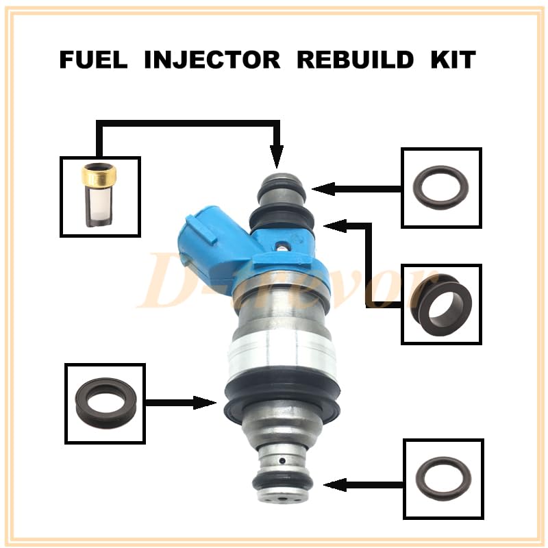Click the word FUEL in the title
[x=95, y=60]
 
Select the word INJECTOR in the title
[x=212, y=60]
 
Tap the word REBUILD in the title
[x=354, y=60]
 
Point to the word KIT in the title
[x=452, y=60]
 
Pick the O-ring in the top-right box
[x=442, y=186]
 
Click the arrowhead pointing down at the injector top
[x=277, y=160]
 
